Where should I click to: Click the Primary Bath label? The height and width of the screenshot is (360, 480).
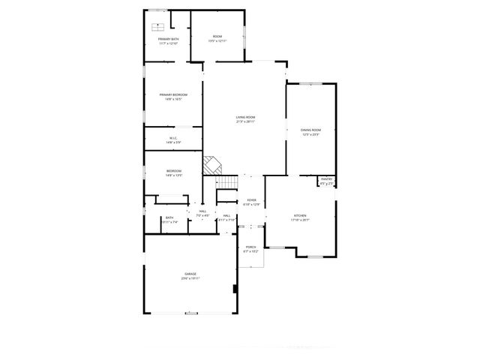coord(168,39)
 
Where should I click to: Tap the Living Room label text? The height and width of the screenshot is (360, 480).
coord(245,118)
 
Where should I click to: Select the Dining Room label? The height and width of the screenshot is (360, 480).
coord(310,130)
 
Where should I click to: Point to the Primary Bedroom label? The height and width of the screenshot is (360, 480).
coord(172,94)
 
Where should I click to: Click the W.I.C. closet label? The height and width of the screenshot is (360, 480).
coord(172,138)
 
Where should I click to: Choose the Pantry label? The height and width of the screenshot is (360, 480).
coord(326,179)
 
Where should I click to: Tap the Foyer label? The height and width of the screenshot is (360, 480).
coord(252,200)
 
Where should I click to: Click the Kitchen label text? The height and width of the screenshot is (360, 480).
coord(299,216)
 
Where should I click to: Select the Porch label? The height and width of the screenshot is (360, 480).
coord(250,247)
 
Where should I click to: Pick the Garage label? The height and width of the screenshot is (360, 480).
coord(190,274)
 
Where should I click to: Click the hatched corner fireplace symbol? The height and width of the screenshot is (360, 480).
coord(213,165)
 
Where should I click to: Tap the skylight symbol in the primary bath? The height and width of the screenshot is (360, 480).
coord(158,24)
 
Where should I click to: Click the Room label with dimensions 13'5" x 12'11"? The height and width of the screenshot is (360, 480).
coord(217,37)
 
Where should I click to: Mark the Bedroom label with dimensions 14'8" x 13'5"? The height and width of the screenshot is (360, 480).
coord(174,172)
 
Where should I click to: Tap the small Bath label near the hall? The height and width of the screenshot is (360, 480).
coord(169,218)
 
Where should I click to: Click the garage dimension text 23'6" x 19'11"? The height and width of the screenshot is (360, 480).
coord(190,278)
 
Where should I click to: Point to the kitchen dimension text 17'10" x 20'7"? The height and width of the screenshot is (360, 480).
coord(299,220)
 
